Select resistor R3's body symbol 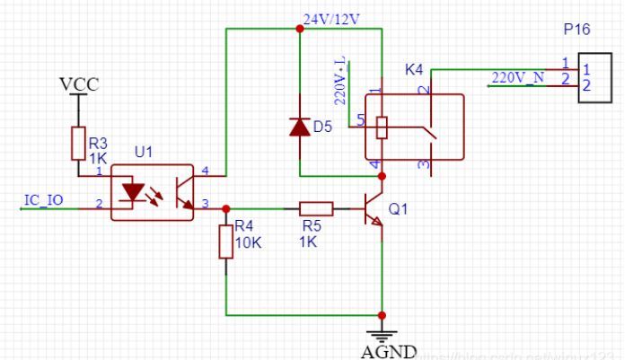click(x=78, y=143)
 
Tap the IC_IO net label click(x=42, y=198)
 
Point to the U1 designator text click(x=144, y=153)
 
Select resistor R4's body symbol click(x=225, y=241)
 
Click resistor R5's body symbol click(x=315, y=209)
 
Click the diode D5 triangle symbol click(x=299, y=127)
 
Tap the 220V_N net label click(x=520, y=76)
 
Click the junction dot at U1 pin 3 click(x=225, y=209)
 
